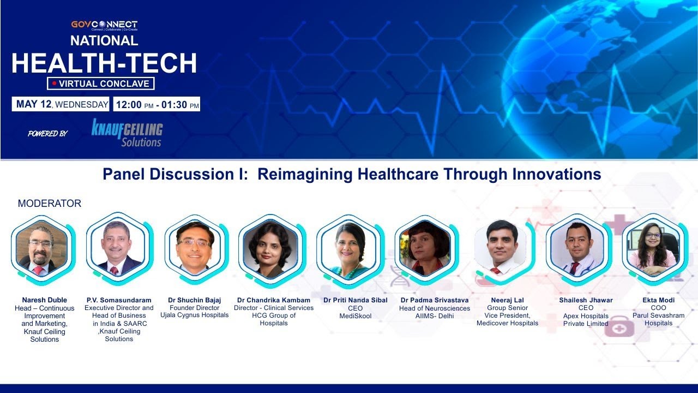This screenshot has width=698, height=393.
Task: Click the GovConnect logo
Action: [x=104, y=25]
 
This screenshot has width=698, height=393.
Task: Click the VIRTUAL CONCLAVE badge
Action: [x=101, y=84]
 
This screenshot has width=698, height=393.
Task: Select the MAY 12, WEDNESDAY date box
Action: [x=61, y=104]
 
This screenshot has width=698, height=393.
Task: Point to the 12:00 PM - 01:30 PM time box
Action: [x=157, y=104]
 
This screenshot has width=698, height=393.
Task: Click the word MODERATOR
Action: [x=50, y=204]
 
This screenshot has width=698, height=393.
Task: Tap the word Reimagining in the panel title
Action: [x=305, y=174]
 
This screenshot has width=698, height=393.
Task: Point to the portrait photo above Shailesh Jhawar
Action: [x=577, y=248]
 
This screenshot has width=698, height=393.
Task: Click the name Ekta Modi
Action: [x=658, y=300]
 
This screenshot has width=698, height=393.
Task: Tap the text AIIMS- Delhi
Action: [x=434, y=316]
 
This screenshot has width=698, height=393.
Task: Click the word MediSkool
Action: [x=355, y=316]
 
